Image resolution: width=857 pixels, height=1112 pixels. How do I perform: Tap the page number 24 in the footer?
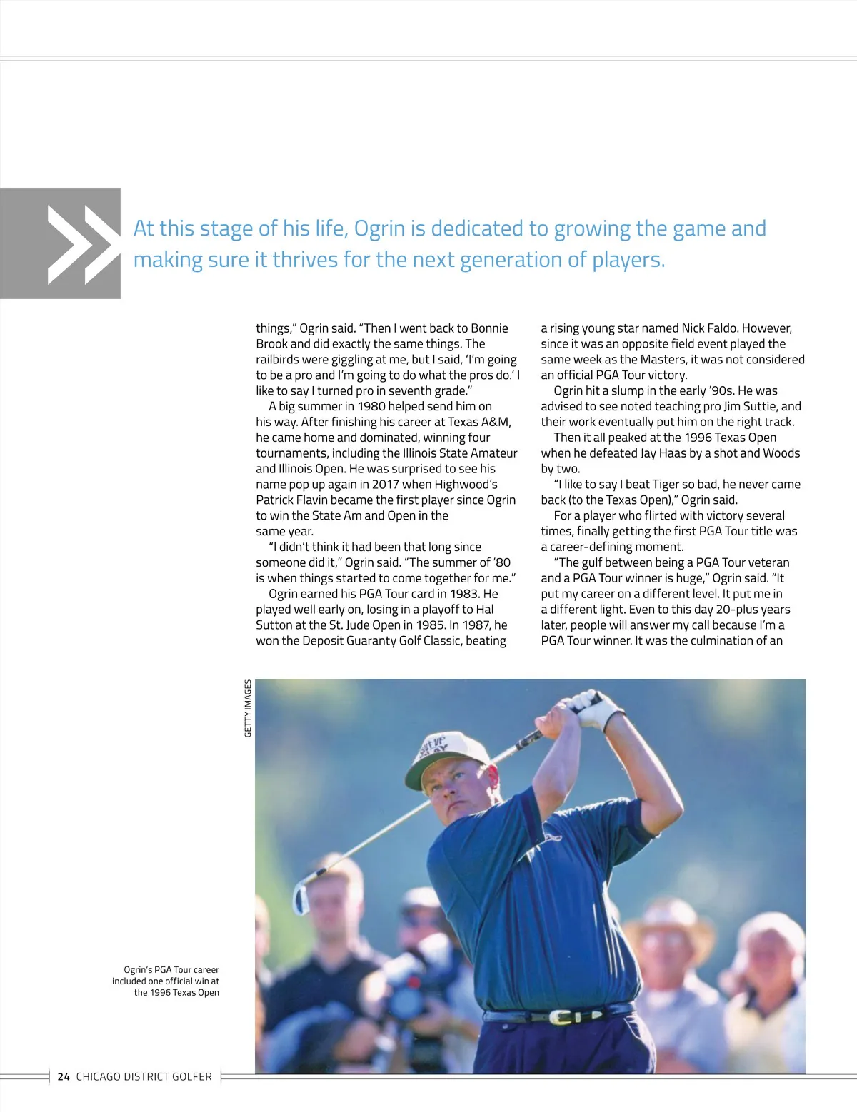(64, 1076)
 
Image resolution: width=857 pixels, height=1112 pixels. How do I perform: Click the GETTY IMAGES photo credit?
(248, 708)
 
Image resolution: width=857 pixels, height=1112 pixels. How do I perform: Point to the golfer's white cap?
(436, 759)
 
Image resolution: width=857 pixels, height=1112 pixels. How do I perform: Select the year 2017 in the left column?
(386, 485)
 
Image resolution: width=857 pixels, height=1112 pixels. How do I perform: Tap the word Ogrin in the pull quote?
(380, 228)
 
